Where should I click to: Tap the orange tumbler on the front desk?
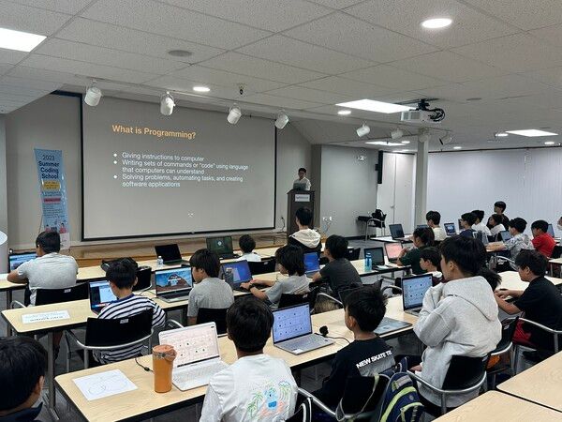click(x=163, y=368)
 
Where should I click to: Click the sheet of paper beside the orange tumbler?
click(x=104, y=384)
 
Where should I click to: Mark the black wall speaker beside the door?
click(x=378, y=168)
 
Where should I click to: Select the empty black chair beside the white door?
click(x=376, y=222)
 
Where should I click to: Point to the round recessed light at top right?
click(x=436, y=23)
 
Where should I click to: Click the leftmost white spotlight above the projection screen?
click(x=93, y=96)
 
